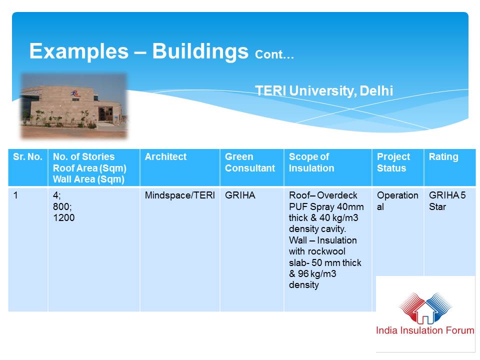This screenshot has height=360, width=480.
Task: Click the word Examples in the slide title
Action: (79, 51)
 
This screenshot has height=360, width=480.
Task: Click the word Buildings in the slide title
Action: (200, 51)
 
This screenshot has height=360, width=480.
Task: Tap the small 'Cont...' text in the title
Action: (274, 54)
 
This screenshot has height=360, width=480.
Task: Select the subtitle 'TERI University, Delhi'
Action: (324, 90)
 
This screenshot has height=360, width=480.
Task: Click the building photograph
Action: (74, 106)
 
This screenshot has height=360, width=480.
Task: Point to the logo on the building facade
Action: (75, 93)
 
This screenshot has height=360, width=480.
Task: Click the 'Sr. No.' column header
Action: (27, 156)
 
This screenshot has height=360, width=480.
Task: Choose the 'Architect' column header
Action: (165, 156)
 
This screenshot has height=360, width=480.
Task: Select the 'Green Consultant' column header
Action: (250, 162)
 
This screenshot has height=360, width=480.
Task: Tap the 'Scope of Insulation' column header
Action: (311, 162)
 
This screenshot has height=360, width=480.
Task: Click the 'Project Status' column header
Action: (393, 162)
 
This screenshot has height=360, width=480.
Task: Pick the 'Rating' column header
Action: (443, 156)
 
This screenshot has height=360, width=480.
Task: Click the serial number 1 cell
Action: (15, 195)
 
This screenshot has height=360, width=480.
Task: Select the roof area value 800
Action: (62, 206)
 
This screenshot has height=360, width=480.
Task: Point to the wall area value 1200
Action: (63, 217)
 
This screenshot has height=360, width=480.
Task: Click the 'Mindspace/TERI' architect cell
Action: (179, 195)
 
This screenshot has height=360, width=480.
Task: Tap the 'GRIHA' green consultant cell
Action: (240, 195)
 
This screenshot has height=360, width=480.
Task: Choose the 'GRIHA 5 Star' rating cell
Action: (447, 201)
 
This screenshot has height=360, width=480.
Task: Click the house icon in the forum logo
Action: (425, 311)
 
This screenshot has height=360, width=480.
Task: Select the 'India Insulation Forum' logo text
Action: (425, 330)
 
